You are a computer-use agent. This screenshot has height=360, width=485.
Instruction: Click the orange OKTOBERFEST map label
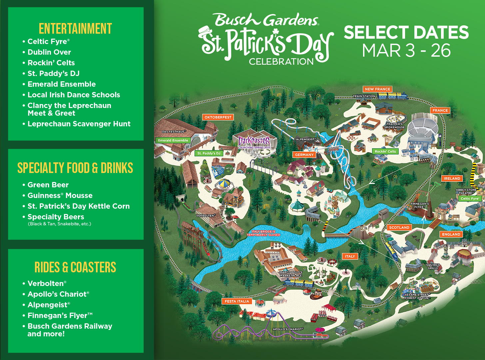click(218, 117)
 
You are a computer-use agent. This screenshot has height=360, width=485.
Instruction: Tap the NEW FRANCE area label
click(377, 89)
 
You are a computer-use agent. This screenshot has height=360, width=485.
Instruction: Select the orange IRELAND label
click(452, 178)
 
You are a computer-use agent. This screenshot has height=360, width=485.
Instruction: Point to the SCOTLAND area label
click(399, 227)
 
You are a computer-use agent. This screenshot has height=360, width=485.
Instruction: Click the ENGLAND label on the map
click(451, 234)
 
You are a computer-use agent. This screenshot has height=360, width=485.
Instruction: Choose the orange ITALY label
click(350, 256)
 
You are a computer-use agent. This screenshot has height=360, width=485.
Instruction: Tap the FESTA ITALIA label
click(237, 301)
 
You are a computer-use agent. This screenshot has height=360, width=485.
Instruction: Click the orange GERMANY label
click(304, 155)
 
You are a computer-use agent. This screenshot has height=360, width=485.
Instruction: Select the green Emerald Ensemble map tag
click(173, 140)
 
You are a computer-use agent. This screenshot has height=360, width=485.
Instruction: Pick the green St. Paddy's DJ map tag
click(209, 153)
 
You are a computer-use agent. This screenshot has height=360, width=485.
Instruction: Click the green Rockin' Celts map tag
click(385, 151)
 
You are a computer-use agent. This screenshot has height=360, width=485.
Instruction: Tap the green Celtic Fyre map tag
click(470, 198)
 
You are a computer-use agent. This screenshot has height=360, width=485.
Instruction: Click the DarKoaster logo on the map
click(254, 142)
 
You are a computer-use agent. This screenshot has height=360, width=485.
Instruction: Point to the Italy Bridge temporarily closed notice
click(263, 233)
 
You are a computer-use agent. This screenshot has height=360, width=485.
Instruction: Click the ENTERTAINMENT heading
click(75, 29)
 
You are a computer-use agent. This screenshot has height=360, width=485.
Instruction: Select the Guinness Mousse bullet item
click(60, 195)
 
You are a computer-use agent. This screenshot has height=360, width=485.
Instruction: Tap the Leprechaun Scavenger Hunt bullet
click(79, 124)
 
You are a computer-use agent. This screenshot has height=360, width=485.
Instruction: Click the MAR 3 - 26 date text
click(406, 51)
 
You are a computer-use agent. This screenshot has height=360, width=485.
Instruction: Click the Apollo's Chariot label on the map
click(288, 329)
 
